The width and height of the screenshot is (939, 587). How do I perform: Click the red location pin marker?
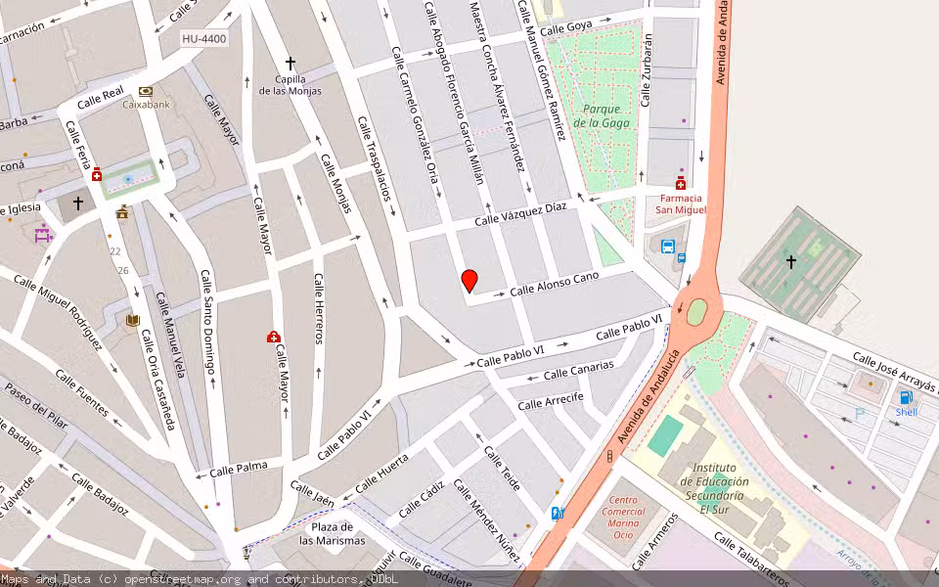(x=469, y=281)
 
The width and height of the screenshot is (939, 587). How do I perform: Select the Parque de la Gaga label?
(x=601, y=115)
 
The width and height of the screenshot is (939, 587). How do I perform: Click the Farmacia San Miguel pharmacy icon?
(x=680, y=183)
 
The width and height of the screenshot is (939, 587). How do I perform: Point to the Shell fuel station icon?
(x=906, y=396)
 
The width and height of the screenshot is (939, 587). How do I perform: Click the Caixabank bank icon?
(x=146, y=91)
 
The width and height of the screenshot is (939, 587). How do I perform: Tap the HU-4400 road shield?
(x=203, y=39)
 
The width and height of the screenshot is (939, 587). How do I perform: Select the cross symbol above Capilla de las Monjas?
(x=290, y=63)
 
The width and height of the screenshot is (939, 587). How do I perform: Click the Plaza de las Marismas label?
(x=332, y=534)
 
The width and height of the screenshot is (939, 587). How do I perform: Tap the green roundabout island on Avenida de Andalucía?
(x=696, y=312)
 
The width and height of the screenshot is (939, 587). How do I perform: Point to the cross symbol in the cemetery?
(x=791, y=262)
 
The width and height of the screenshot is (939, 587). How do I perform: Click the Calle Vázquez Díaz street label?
(x=520, y=214)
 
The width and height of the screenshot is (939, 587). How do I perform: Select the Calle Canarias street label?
(x=578, y=369)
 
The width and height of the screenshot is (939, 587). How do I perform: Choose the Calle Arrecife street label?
(x=551, y=400)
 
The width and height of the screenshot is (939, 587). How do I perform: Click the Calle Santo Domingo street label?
(x=206, y=323)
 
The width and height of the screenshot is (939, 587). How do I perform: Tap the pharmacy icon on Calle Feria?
(x=97, y=175)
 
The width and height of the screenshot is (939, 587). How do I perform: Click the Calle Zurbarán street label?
(x=646, y=69)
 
